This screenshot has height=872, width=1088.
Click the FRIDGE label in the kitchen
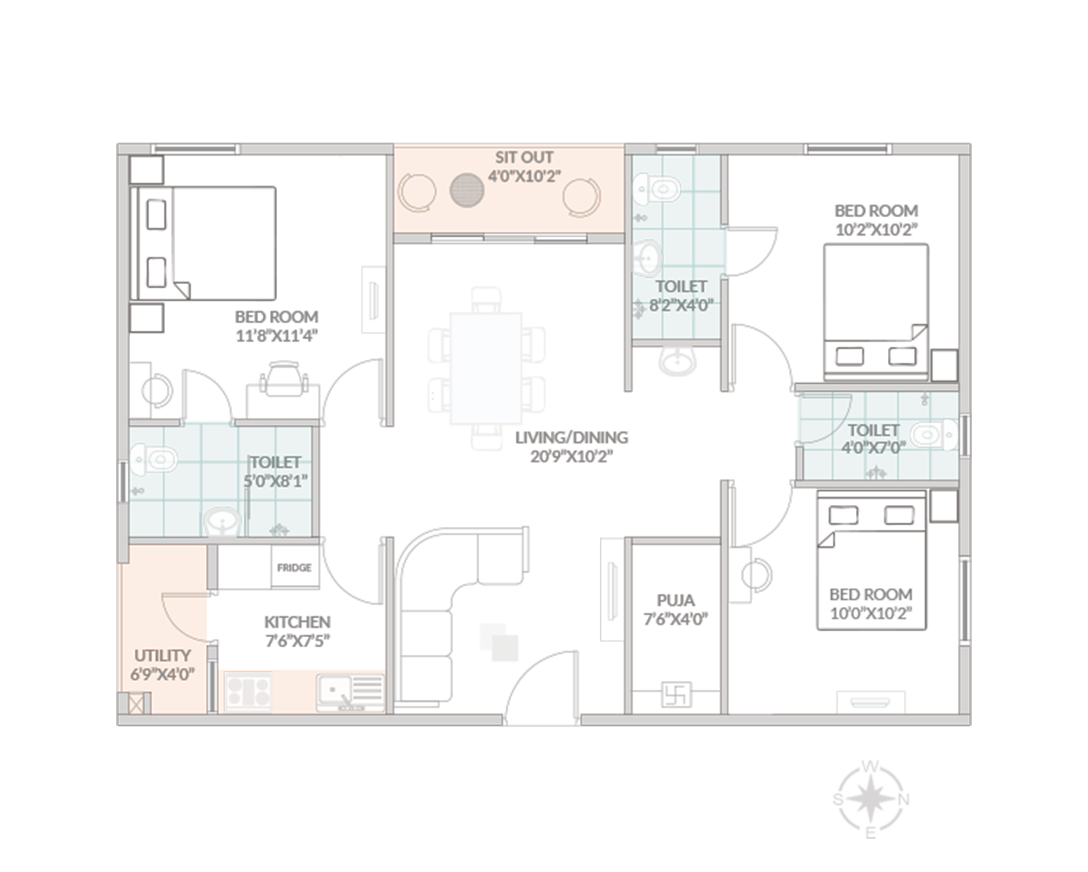pos(294,567)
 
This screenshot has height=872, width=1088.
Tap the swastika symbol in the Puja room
pos(676,694)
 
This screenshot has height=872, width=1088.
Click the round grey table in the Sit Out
pos(467,190)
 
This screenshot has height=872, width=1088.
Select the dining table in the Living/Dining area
pos(486,368)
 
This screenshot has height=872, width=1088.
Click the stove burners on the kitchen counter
pos(248,691)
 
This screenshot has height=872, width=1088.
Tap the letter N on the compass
pos(904,800)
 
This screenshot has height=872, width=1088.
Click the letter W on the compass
pos(870,766)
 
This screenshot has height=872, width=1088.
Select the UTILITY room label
pos(162,655)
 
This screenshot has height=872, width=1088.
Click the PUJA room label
pos(676,600)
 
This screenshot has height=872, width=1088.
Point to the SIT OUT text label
pos(524,157)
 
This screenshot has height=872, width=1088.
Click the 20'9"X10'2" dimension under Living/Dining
pos(572,456)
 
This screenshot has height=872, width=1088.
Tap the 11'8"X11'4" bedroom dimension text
pos(277,336)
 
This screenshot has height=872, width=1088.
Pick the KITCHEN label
pos(297,622)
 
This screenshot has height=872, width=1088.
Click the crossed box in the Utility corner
pos(136,704)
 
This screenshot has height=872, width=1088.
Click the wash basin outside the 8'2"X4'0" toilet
pos(677,360)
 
